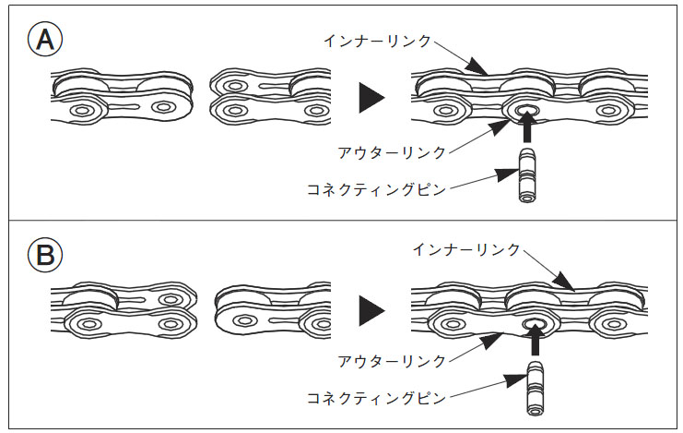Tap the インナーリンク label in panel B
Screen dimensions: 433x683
[x=465, y=250]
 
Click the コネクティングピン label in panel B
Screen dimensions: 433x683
[x=376, y=399]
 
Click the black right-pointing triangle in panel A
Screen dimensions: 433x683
[x=371, y=97]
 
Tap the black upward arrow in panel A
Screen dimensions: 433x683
[x=527, y=130]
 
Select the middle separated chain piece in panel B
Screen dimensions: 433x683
[x=272, y=312]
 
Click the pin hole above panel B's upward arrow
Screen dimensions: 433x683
[x=535, y=324]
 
